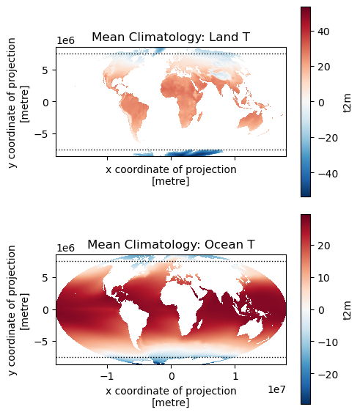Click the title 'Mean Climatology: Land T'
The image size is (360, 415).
pyautogui.click(x=171, y=37)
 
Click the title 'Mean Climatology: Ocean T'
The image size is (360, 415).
pyautogui.click(x=171, y=245)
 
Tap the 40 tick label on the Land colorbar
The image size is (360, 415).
pyautogui.click(x=324, y=32)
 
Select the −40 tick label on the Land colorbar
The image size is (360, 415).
pyautogui.click(x=328, y=174)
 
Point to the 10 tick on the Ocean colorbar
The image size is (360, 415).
pyautogui.click(x=324, y=278)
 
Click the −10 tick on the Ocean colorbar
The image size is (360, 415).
pyautogui.click(x=328, y=342)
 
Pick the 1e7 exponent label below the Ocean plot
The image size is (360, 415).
pyautogui.click(x=276, y=389)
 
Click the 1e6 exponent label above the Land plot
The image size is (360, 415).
pyautogui.click(x=66, y=40)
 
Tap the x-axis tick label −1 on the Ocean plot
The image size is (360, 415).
pyautogui.click(x=108, y=376)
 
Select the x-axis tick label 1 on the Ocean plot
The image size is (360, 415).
pyautogui.click(x=235, y=376)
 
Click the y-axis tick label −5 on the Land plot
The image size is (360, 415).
pyautogui.click(x=42, y=134)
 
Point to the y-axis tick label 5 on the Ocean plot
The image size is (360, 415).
pyautogui.click(x=45, y=278)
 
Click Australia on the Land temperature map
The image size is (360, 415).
pyautogui.click(x=251, y=121)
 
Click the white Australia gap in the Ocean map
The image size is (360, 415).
pyautogui.click(x=251, y=329)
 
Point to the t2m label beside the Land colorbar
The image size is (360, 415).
pyautogui.click(x=347, y=102)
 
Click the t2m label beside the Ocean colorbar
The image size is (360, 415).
pyautogui.click(x=347, y=309)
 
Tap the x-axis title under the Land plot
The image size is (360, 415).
pyautogui.click(x=171, y=175)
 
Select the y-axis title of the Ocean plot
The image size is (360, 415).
pyautogui.click(x=18, y=309)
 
